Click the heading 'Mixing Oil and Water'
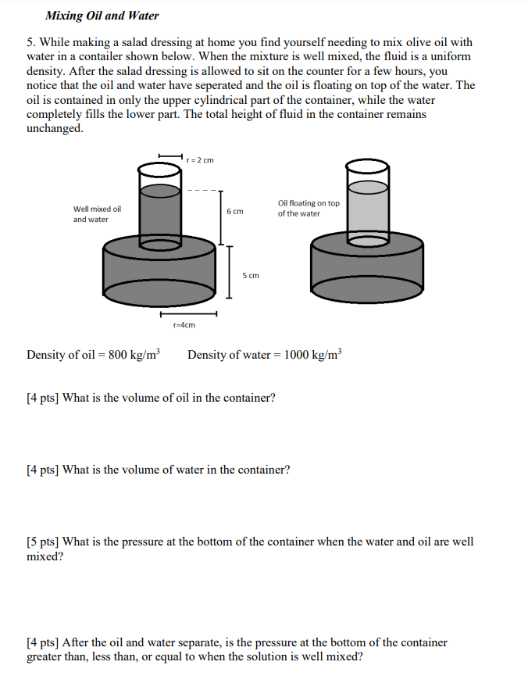point(102,16)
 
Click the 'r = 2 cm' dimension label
point(201,159)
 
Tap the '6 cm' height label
point(235,212)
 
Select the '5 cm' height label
point(251,275)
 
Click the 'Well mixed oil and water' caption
point(97,214)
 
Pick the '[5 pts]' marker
point(43,542)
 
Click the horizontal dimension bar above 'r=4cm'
point(188,314)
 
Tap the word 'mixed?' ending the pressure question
point(45,556)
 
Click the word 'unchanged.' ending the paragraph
point(55,128)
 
